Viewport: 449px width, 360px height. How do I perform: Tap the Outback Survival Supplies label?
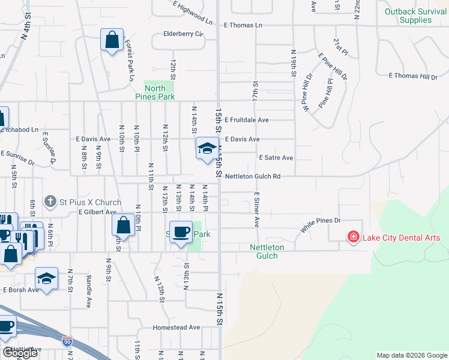pos(416,16)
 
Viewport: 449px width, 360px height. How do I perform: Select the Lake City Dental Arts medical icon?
pos(354,238)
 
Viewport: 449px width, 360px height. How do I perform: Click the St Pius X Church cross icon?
pos(51,202)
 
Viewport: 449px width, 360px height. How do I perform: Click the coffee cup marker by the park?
pos(181,232)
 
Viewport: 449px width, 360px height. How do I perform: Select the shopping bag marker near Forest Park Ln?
pos(112,40)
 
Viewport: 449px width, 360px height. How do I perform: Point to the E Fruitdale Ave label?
pos(247,120)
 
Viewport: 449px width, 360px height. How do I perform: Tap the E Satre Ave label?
pos(276,158)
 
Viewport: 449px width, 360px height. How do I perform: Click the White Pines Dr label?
pos(321,225)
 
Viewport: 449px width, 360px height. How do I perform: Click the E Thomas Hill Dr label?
pos(413,76)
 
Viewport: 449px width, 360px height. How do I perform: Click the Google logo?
pos(20,353)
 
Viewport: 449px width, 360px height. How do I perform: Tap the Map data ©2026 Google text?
pos(411,355)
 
